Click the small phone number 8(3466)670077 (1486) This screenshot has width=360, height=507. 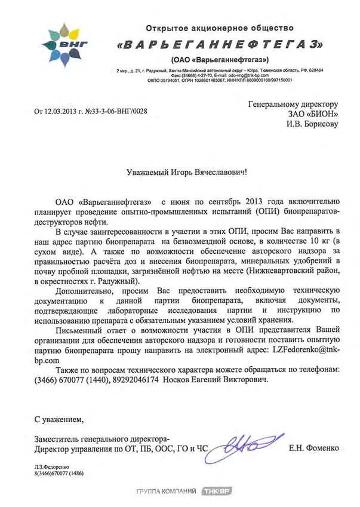tap(59, 473)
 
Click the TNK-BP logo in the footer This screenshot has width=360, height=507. tap(216, 491)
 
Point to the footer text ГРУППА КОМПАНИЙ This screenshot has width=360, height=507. tap(166, 491)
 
